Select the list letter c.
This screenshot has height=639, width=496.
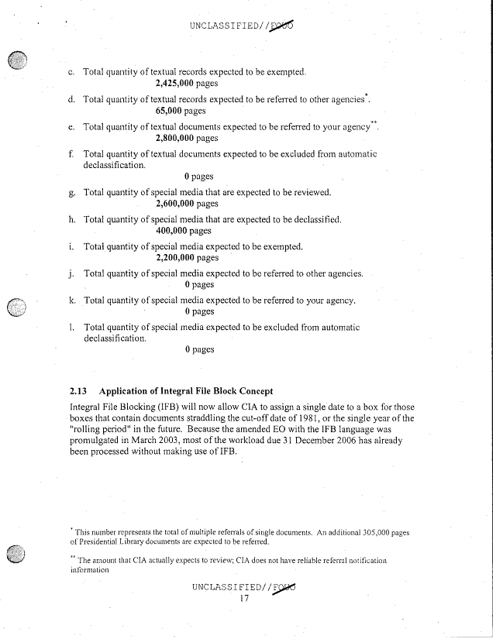tap(71, 72)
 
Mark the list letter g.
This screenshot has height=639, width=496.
tap(71, 192)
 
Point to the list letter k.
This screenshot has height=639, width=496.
tap(71, 300)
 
